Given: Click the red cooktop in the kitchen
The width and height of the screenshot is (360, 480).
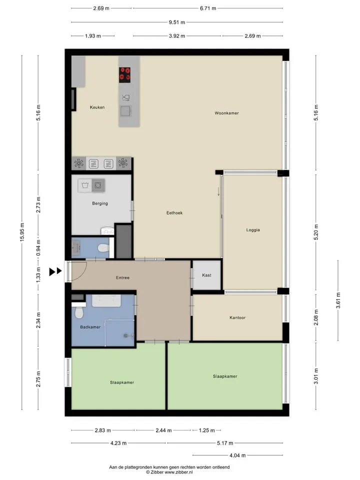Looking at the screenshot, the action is click(x=124, y=75).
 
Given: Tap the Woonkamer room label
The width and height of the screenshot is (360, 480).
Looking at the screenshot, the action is click(x=226, y=113).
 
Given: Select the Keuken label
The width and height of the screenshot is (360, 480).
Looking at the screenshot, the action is click(x=97, y=107).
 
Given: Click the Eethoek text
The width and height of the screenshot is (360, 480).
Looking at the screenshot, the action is click(x=174, y=213).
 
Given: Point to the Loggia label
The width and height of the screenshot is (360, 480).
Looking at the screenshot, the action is click(x=253, y=230).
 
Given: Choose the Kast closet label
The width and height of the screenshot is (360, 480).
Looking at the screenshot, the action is click(x=206, y=275).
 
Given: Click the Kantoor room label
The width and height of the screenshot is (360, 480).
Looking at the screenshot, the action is click(x=237, y=318).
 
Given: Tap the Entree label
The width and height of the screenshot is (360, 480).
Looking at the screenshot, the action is click(x=123, y=277).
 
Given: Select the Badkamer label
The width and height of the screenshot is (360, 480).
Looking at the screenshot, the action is click(x=90, y=327).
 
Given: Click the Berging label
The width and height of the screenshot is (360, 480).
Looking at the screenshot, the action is click(x=100, y=203).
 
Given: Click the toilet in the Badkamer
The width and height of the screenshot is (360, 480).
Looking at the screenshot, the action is click(x=79, y=310).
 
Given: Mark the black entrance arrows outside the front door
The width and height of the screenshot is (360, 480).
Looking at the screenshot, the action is click(x=55, y=271).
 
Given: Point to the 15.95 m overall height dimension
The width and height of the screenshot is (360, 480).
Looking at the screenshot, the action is click(x=22, y=232).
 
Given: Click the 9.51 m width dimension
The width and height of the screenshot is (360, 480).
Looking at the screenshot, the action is click(x=177, y=22).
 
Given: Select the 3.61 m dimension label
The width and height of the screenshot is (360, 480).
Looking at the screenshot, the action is click(x=338, y=300).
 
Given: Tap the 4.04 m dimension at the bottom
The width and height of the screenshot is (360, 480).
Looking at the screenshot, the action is click(x=237, y=455).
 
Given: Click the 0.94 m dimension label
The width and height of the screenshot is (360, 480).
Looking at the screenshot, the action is click(x=38, y=248).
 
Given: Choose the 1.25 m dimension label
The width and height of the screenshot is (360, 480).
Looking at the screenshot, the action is click(x=206, y=430).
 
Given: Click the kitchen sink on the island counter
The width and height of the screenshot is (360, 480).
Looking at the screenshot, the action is click(x=125, y=111).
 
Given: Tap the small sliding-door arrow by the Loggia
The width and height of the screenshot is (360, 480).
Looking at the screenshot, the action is click(x=218, y=191).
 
